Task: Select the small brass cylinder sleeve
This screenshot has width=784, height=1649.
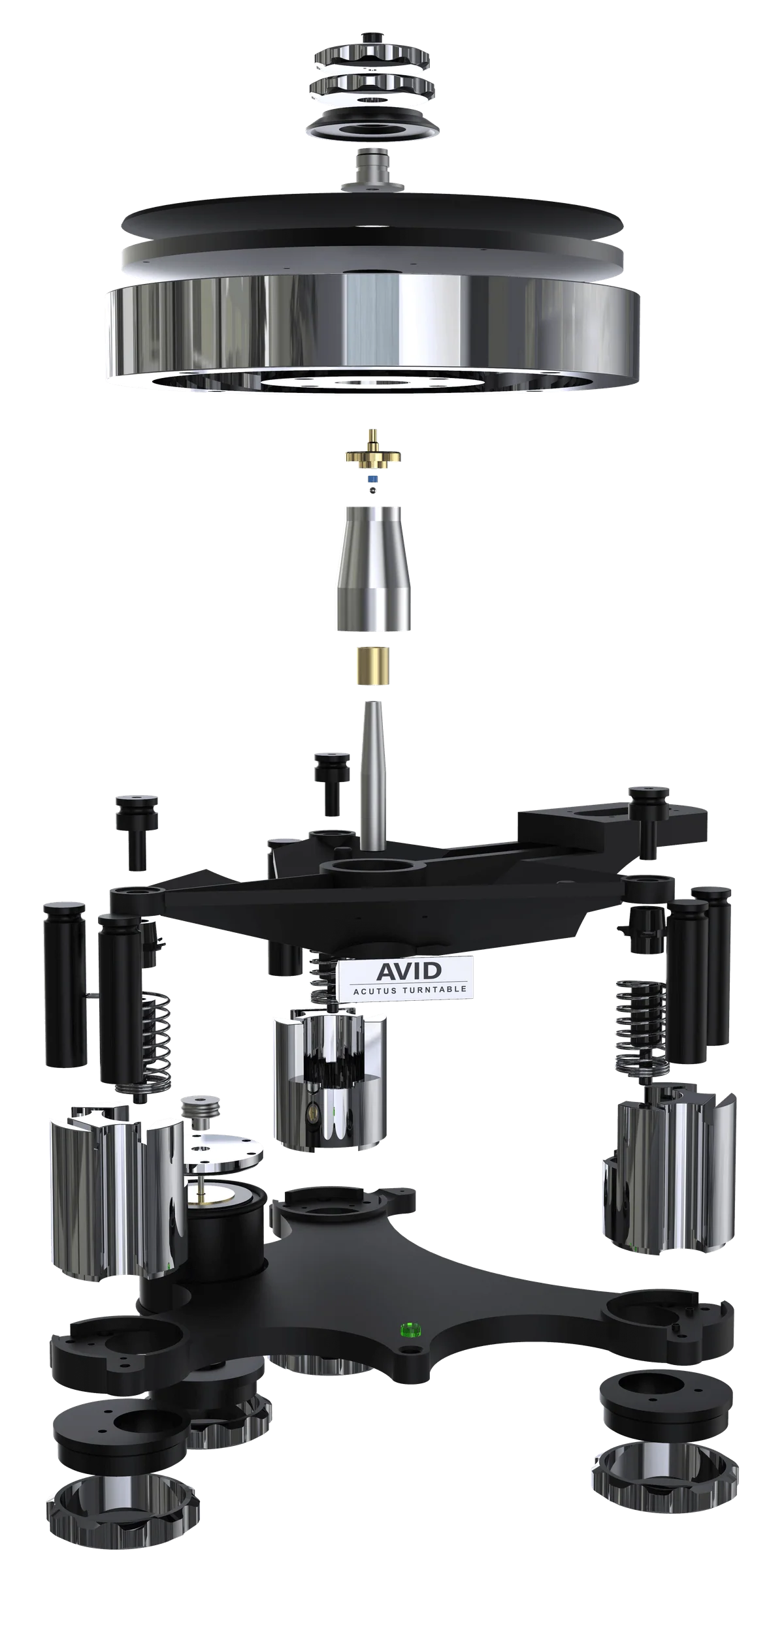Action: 374,665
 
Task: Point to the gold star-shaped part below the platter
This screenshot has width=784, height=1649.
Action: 373,457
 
